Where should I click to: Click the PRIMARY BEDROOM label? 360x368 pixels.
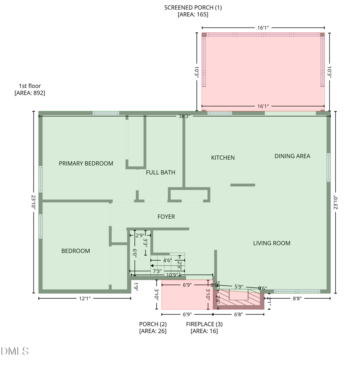(x=86, y=163)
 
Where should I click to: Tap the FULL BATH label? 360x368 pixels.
(x=160, y=173)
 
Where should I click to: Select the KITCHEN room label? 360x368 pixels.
(x=223, y=158)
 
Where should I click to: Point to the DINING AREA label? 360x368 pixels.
(x=292, y=156)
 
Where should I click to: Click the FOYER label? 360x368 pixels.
(x=166, y=217)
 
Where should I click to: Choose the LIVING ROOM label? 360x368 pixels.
(x=272, y=243)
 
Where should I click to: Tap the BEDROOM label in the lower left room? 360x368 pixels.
(x=76, y=251)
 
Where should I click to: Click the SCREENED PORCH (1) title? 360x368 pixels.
(x=193, y=8)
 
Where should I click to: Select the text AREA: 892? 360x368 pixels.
(x=30, y=93)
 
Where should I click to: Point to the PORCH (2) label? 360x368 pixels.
(x=153, y=324)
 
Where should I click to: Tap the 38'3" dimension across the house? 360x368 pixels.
(x=184, y=116)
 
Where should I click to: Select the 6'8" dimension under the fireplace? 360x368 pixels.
(x=238, y=314)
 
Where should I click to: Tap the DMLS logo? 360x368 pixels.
(x=15, y=351)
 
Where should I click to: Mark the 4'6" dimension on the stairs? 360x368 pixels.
(x=168, y=260)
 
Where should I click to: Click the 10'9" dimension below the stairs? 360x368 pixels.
(x=172, y=275)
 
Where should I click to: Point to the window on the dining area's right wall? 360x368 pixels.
(x=328, y=167)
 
